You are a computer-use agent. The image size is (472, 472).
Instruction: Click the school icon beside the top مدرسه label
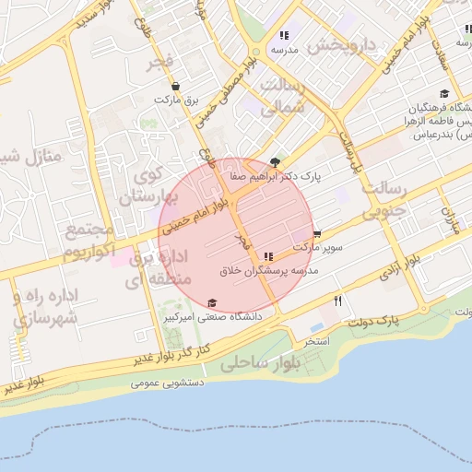[x=284, y=36]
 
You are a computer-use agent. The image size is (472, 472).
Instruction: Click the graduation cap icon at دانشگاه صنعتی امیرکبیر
[x=212, y=303]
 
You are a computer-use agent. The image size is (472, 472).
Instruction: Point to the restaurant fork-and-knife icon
[x=338, y=301]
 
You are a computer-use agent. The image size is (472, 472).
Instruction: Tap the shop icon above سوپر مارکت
[x=317, y=234]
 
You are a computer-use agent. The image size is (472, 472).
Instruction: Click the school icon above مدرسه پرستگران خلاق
[x=268, y=256]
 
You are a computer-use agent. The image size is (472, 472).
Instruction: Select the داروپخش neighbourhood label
[x=343, y=44]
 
